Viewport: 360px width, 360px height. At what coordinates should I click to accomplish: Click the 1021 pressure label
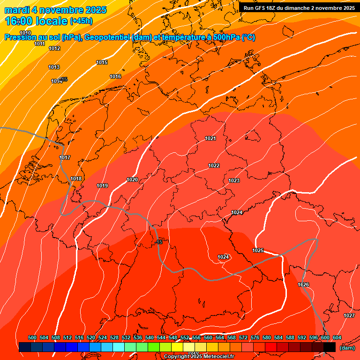coord(210,138)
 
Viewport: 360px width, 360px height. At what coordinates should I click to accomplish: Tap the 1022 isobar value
coord(214,165)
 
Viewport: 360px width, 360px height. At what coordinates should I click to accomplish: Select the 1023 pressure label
coord(234,180)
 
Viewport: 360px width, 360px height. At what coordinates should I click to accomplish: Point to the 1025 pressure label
coord(258,250)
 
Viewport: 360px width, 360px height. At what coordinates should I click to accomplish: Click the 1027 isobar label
coord(349,315)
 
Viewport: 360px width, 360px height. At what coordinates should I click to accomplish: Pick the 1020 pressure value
coord(132,180)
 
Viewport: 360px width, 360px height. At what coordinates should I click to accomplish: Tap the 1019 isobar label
coord(102,186)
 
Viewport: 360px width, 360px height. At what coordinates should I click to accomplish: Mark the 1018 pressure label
coord(76,179)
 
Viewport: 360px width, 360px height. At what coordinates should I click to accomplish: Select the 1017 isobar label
coord(65,157)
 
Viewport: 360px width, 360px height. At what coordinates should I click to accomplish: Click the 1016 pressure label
coord(115,76)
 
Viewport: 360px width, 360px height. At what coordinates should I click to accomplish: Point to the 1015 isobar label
coord(102,62)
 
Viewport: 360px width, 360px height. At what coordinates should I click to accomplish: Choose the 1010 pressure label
coord(26,33)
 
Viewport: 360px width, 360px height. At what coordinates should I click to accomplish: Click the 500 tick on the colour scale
coord(32,337)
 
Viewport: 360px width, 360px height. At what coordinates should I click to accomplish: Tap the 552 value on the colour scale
coord(185,337)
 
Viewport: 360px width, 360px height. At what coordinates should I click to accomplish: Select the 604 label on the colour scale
coord(337,337)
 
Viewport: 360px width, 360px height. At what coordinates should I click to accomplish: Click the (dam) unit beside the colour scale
coord(347,348)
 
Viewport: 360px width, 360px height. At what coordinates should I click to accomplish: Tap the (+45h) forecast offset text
coord(81,21)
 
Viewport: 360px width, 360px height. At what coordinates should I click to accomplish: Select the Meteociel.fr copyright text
coord(199,357)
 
